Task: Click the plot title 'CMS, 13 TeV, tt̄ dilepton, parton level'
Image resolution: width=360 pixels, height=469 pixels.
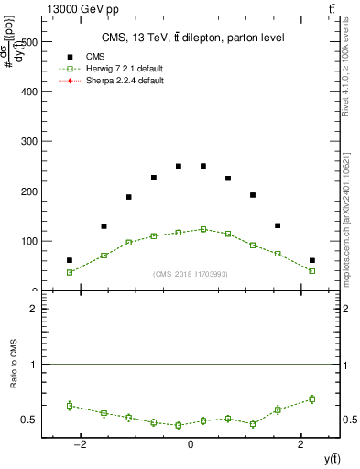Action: tap(192, 38)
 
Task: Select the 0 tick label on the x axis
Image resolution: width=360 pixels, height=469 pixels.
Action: tap(191, 444)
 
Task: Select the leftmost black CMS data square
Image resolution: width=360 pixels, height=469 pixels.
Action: tap(70, 260)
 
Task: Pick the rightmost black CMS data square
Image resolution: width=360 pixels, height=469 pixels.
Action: tap(311, 260)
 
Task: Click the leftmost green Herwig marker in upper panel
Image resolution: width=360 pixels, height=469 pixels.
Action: tap(70, 272)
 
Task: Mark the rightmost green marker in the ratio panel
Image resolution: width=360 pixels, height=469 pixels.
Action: tap(311, 398)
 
